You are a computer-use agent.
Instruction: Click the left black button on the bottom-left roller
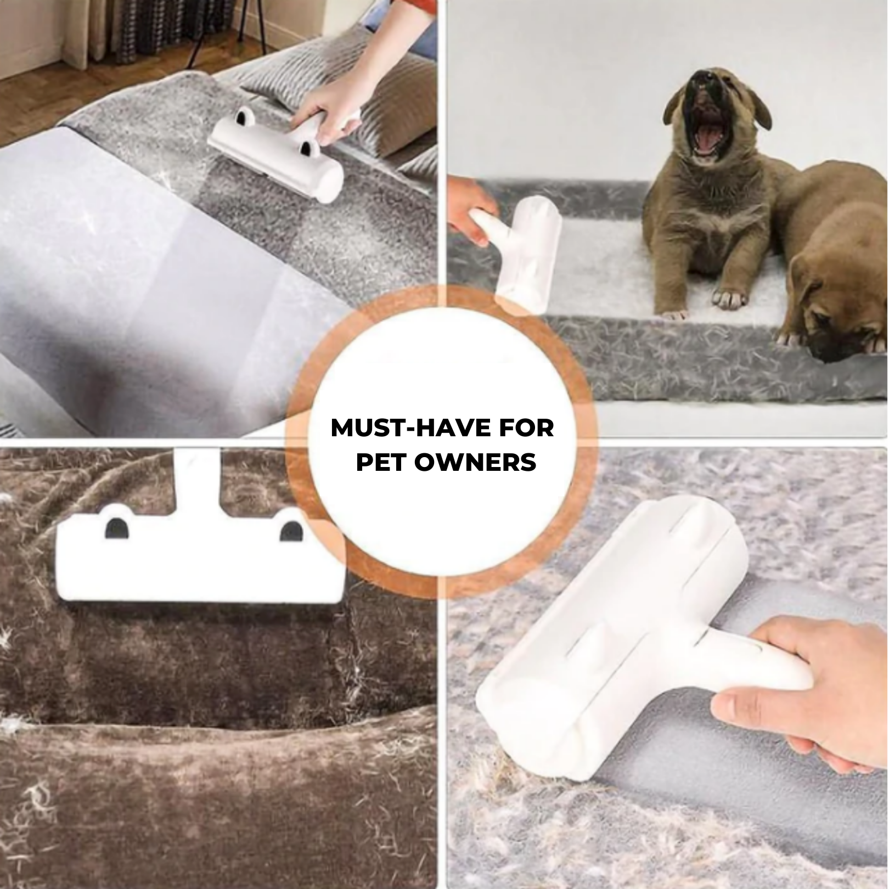(117, 527)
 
